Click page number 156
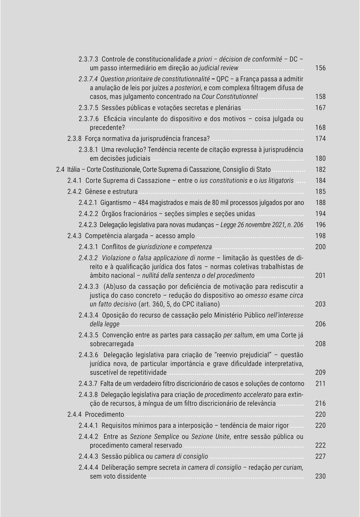pos(320,68)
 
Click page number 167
pos(320,108)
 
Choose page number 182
pos(320,170)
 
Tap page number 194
pos(320,214)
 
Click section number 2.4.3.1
pos(88,247)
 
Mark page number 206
pos(320,324)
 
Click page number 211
pos(320,383)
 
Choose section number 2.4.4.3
pos(88,456)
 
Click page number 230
pos(320,477)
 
